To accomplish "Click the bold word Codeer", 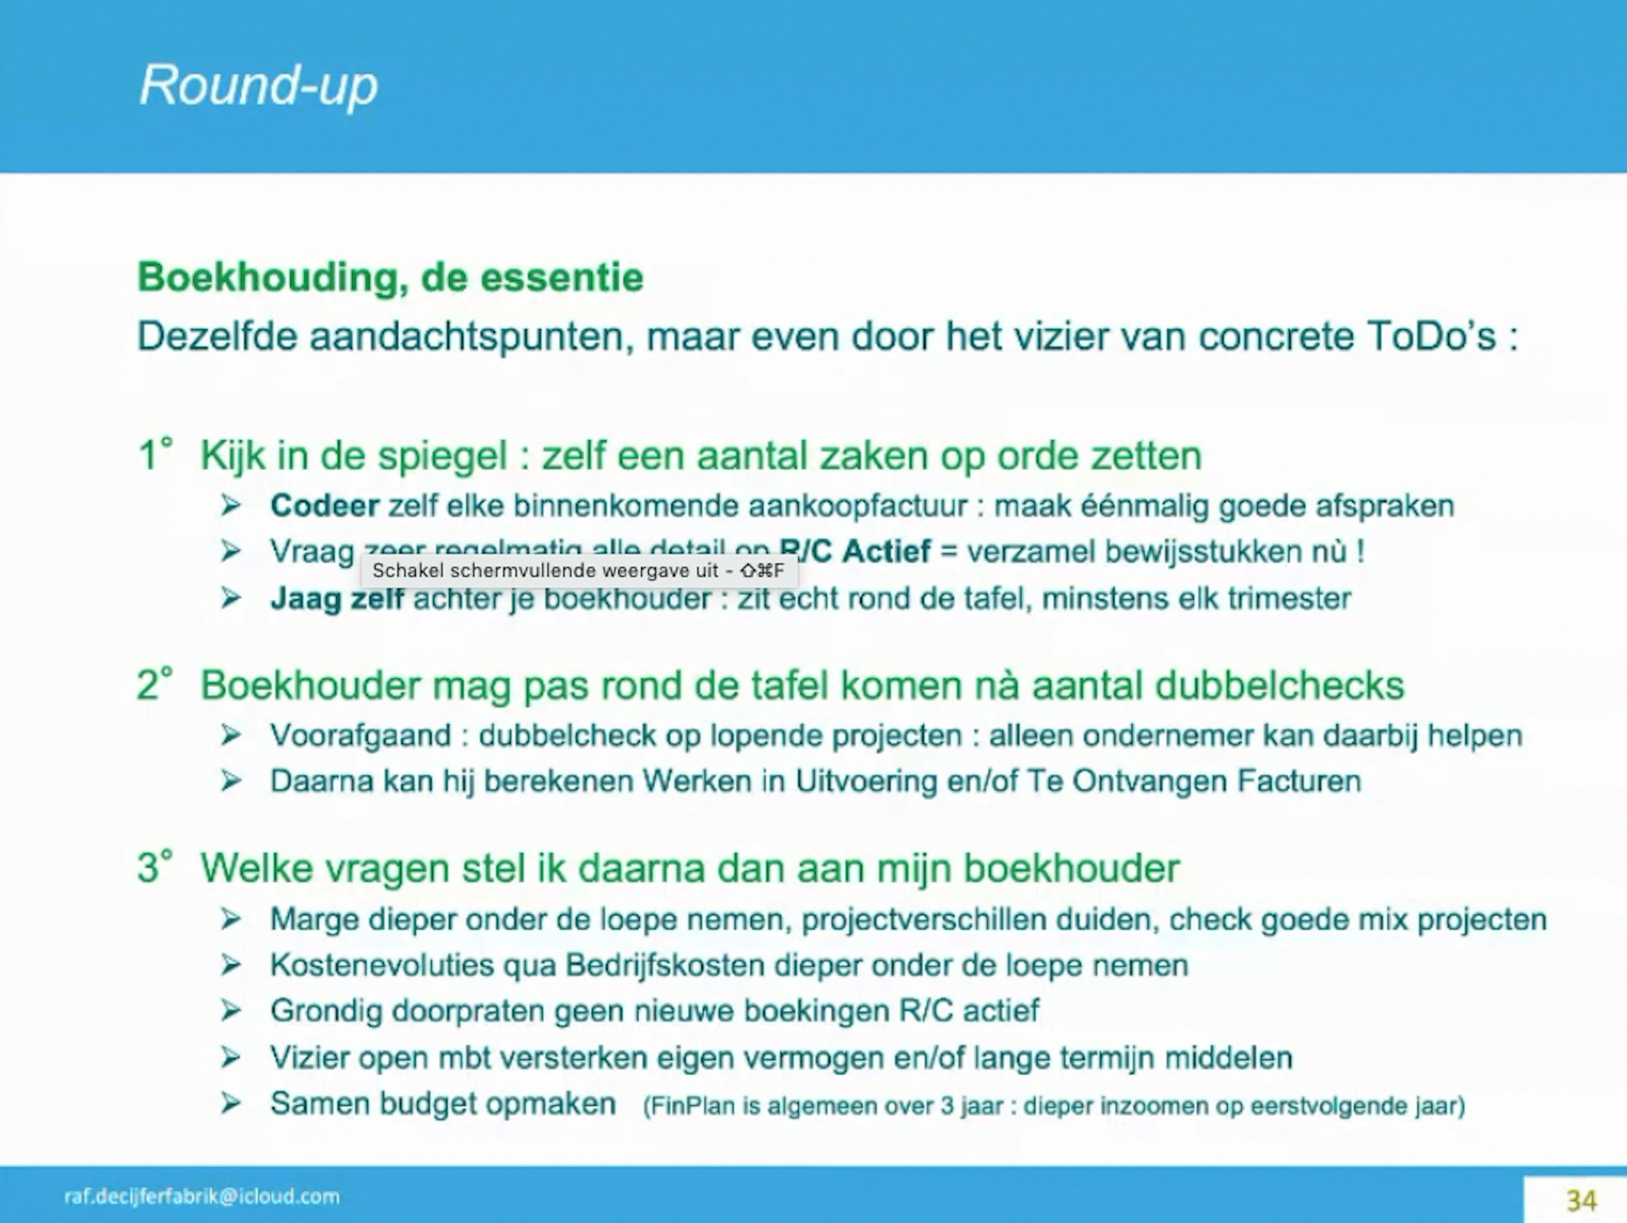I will pos(324,506).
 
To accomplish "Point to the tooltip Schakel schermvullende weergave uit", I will pos(578,571).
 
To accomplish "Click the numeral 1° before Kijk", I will pos(155,455).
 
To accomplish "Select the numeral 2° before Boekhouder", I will pos(155,685).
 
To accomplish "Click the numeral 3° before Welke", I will pos(155,868).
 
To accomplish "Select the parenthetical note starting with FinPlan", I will pos(1053,1106).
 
